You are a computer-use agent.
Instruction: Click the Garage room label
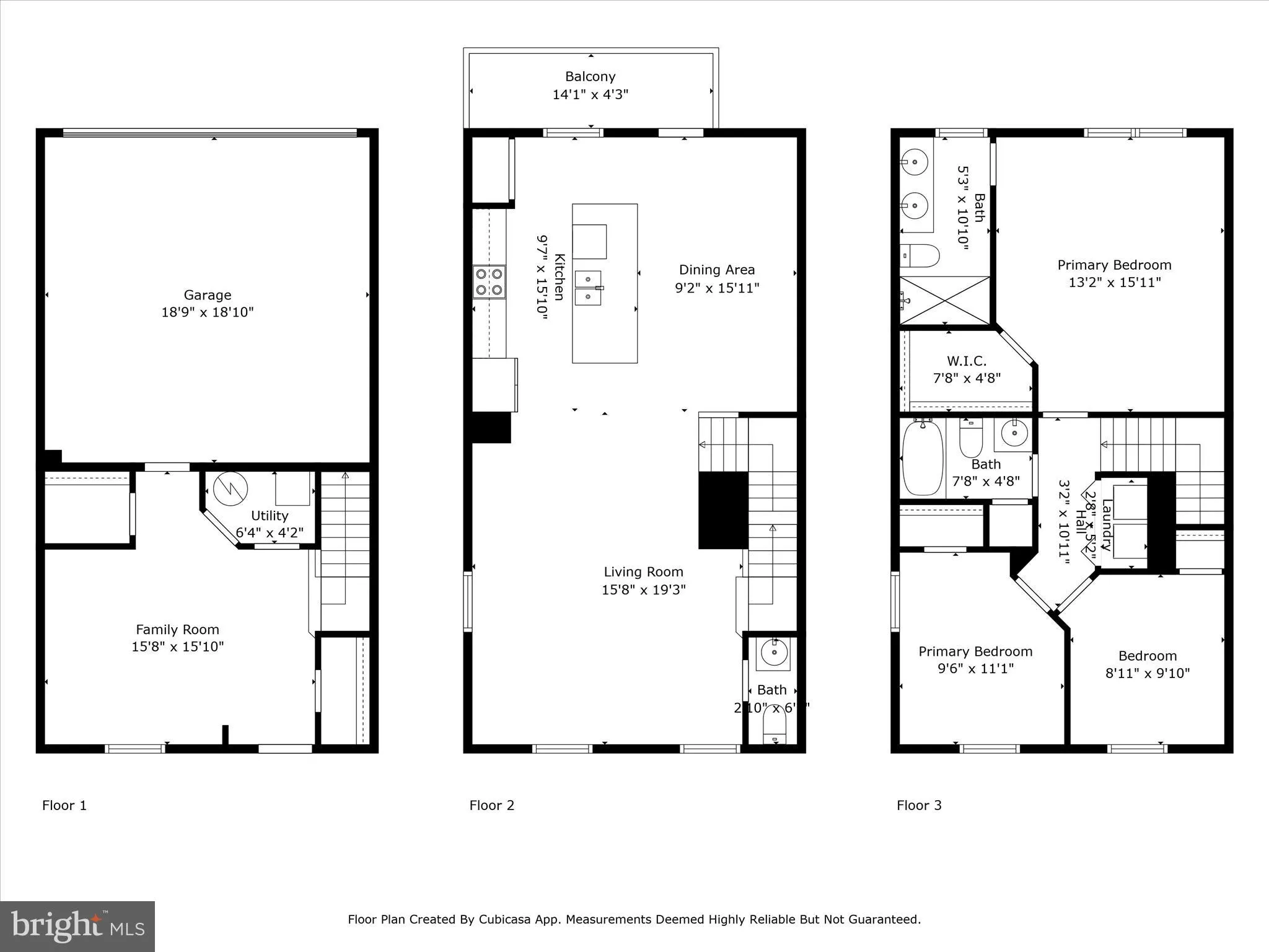pos(207,295)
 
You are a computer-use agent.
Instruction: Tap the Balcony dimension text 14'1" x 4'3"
pos(590,95)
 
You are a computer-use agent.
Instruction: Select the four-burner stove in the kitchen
pos(489,282)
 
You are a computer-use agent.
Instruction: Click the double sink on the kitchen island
pos(588,288)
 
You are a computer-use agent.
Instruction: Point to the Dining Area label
pos(716,270)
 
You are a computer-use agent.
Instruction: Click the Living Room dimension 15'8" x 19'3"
pos(643,589)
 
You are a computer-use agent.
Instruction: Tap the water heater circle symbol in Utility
pos(231,489)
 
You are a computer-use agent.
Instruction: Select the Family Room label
pos(177,630)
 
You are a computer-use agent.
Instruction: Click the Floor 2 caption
pos(491,805)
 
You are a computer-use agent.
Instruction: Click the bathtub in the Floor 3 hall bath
pos(923,458)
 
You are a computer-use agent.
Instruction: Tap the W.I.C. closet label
pos(966,361)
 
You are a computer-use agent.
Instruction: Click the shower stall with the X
pos(944,301)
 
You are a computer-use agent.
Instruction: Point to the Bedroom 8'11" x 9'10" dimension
pos(1147,673)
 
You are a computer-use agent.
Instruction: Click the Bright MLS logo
pos(77,927)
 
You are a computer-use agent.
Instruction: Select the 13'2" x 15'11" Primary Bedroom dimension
pos(1114,283)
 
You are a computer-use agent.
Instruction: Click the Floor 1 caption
pos(64,805)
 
